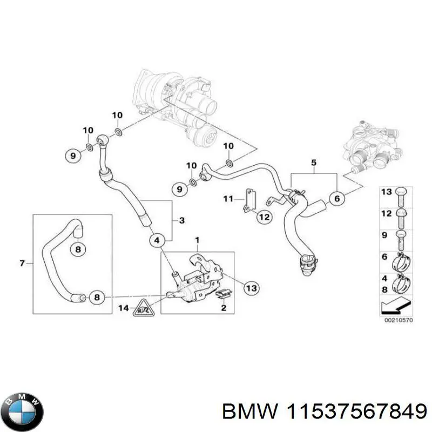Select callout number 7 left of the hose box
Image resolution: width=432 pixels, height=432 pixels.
click(22, 264)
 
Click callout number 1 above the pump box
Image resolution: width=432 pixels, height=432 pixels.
click(197, 239)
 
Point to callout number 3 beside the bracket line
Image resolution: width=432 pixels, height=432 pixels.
click(182, 220)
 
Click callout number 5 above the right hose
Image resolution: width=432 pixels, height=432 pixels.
click(313, 162)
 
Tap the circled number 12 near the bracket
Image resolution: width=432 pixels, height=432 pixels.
click(264, 217)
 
